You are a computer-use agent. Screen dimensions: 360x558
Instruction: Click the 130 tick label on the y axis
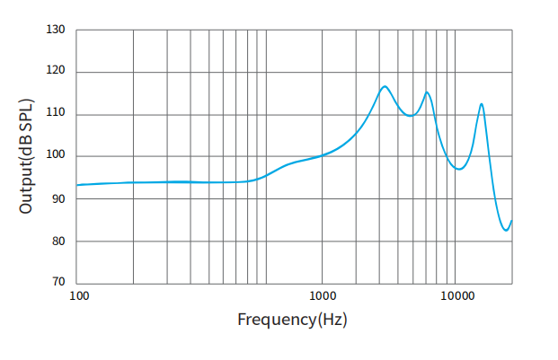pos(56,30)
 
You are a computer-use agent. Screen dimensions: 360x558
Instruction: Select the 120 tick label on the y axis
pos(56,72)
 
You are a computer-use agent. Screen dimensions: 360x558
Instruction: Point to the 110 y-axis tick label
pos(56,114)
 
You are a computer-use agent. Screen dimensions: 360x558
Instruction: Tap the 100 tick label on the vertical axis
pos(56,156)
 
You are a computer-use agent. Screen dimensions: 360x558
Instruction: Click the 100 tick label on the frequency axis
pos(78,295)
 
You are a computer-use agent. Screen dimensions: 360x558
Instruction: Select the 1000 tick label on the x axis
pos(323,295)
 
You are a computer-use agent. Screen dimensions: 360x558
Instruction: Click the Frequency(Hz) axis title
pos(292,319)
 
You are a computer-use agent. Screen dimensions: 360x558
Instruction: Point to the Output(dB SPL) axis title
pos(26,156)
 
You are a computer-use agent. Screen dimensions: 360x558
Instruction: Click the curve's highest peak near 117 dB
pos(385,86)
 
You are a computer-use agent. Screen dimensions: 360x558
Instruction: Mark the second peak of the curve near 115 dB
pos(427,92)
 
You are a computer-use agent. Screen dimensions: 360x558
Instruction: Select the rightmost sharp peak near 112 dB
pos(482,103)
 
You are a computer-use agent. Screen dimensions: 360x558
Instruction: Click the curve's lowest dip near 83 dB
pos(506,231)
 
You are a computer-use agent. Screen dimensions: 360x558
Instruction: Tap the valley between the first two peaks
pos(409,116)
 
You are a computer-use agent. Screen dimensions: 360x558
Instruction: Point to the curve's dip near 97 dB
pos(459,169)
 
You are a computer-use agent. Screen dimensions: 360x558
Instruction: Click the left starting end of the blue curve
pos(77,185)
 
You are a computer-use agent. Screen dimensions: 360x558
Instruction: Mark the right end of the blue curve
pos(511,221)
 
